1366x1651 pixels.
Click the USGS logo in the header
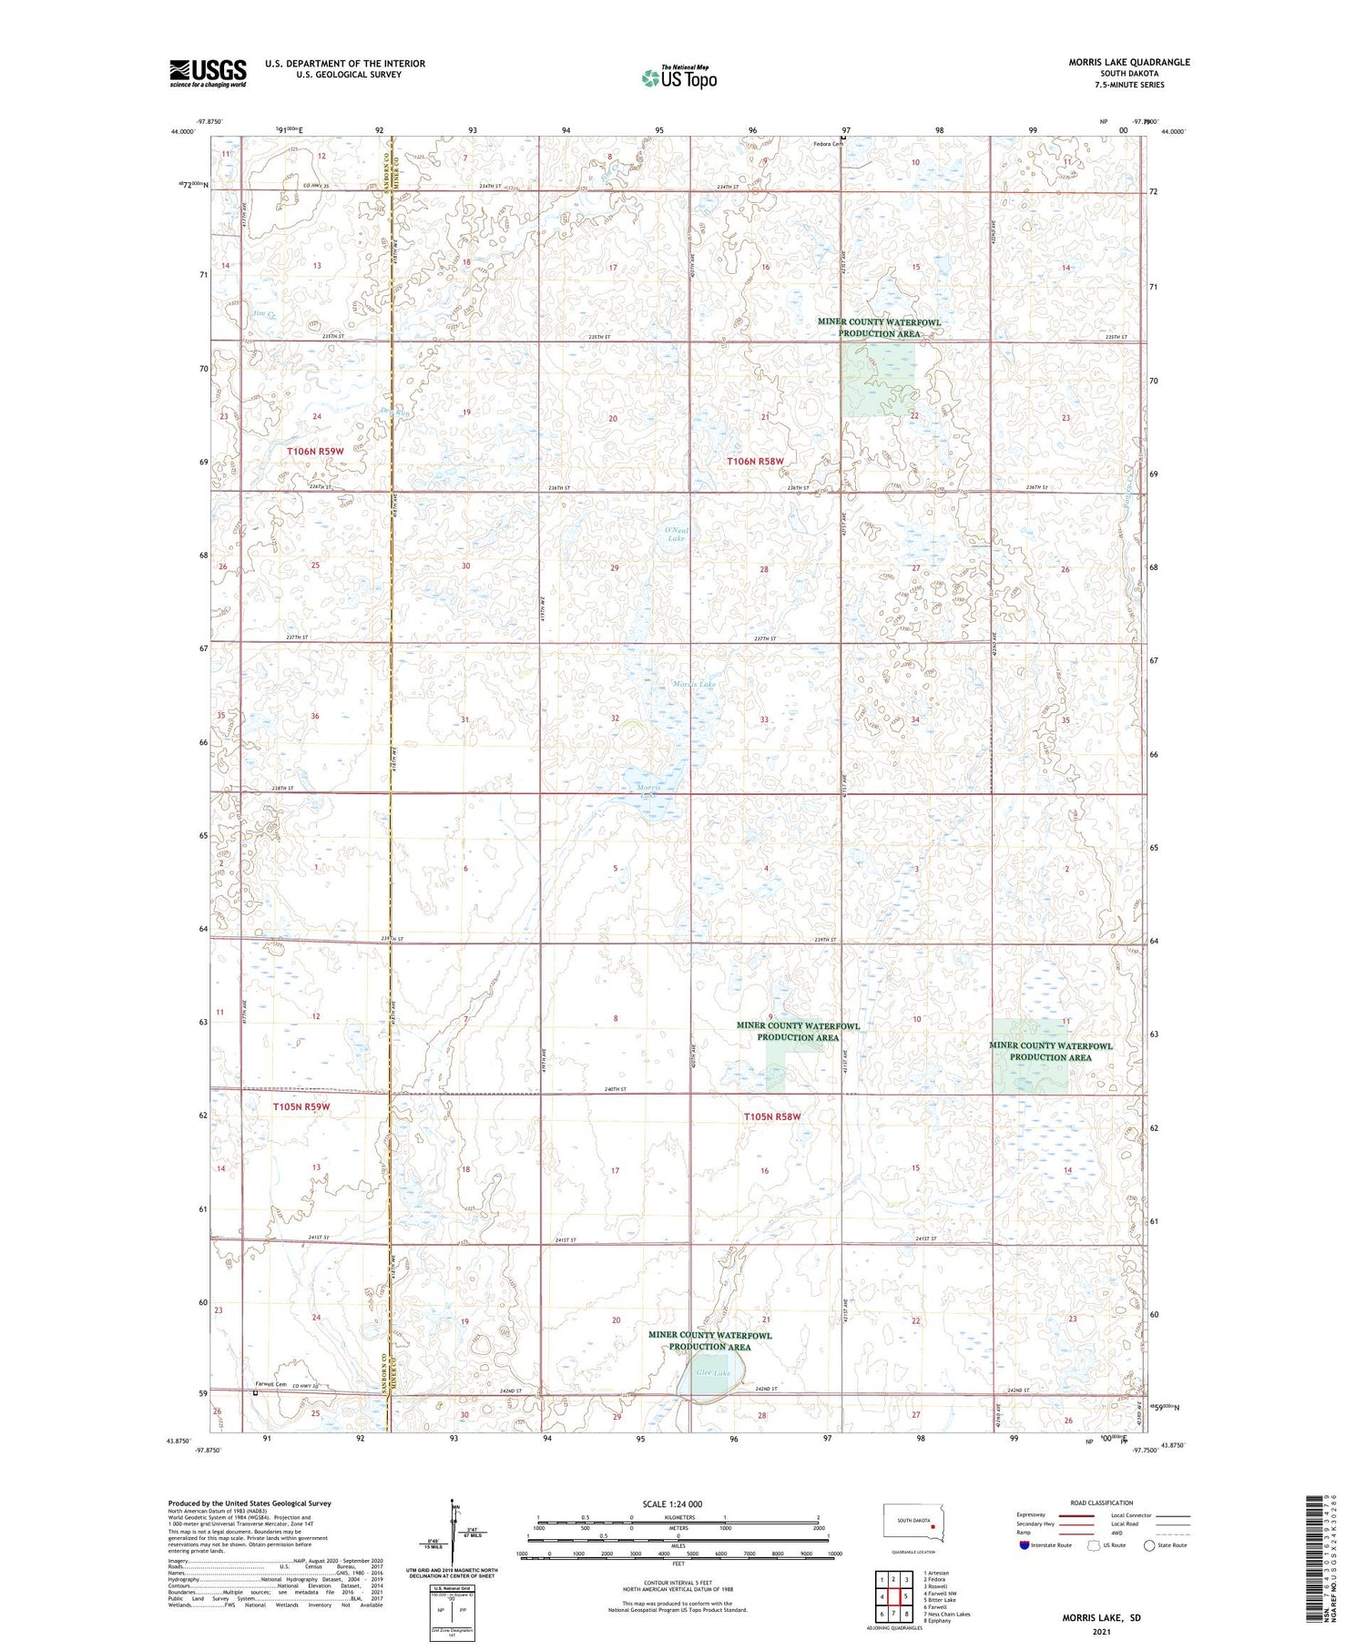[x=208, y=73]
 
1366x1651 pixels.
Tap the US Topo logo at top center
[x=679, y=77]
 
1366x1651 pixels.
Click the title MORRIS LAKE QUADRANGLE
[x=1128, y=62]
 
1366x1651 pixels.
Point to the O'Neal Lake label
[x=676, y=535]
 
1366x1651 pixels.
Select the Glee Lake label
[x=713, y=1372]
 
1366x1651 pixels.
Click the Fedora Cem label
[x=829, y=144]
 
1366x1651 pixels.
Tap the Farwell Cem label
[x=270, y=1384]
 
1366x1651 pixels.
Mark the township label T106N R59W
[x=315, y=452]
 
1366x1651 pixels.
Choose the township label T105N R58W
[x=771, y=1116]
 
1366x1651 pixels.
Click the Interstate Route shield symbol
[x=1024, y=1545]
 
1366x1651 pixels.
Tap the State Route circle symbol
[x=1149, y=1545]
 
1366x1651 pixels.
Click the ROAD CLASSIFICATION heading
[x=1102, y=1503]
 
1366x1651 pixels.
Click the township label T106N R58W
[x=755, y=462]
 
